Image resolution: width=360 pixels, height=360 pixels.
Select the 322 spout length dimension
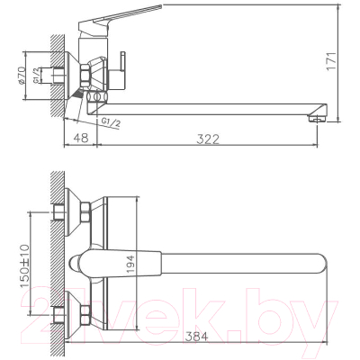coord(209,137)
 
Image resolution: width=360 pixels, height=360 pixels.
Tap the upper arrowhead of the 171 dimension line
coord(335,8)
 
